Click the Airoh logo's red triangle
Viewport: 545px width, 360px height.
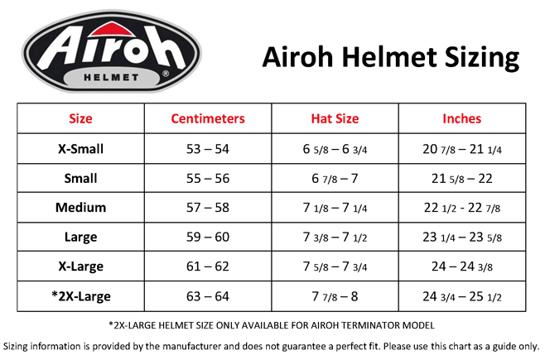point(111,30)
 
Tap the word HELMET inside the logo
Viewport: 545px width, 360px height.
point(111,78)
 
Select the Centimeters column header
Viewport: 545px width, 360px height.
point(208,118)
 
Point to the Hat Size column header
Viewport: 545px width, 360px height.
point(335,118)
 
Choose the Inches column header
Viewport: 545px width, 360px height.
point(462,118)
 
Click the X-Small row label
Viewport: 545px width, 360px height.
point(80,149)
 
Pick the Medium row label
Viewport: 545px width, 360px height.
point(80,208)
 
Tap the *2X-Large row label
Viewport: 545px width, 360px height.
point(80,296)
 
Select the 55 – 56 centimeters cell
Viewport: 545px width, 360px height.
point(208,179)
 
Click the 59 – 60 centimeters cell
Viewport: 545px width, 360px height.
point(208,238)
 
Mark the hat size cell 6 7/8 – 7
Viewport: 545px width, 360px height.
point(335,179)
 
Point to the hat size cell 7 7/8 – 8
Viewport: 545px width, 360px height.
point(335,296)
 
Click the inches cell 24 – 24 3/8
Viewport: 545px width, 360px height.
point(462,266)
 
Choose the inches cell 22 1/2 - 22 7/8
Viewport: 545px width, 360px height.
point(462,208)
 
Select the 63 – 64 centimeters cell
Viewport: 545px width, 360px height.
point(208,296)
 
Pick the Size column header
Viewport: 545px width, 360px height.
point(80,118)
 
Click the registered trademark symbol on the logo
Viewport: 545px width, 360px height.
point(166,74)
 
